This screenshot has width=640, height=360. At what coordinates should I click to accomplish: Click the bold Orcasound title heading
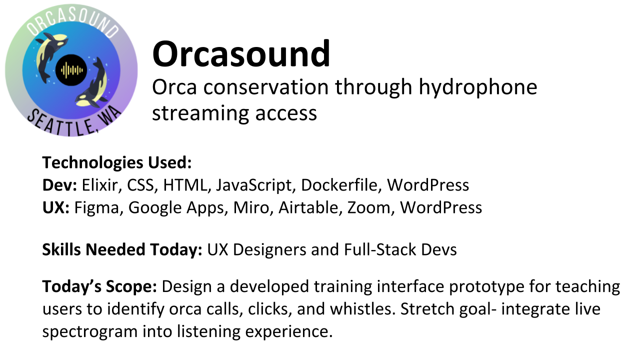[241, 54]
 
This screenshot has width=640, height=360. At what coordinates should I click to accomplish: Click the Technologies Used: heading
[117, 162]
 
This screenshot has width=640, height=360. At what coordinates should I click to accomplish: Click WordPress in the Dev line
[428, 185]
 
